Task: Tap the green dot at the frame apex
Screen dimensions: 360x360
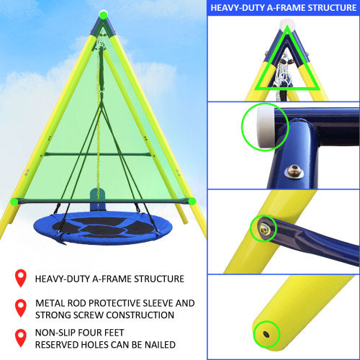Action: (x=104, y=14)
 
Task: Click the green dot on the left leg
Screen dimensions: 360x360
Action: (x=14, y=201)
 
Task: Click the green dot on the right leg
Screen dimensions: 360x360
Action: (x=192, y=201)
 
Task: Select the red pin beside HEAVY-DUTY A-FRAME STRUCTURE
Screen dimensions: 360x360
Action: (x=21, y=278)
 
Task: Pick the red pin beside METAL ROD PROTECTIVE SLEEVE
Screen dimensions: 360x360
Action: (x=21, y=309)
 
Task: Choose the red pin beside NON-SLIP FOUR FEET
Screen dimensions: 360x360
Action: (x=21, y=338)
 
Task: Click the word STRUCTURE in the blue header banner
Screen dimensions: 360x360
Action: (x=320, y=9)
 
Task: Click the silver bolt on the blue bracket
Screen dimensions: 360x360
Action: (x=292, y=171)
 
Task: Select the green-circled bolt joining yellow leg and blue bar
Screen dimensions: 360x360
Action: (x=264, y=229)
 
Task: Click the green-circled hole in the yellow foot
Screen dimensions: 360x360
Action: (x=267, y=333)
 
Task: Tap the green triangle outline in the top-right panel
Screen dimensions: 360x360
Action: (x=287, y=76)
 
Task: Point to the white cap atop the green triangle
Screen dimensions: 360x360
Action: (x=287, y=26)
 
